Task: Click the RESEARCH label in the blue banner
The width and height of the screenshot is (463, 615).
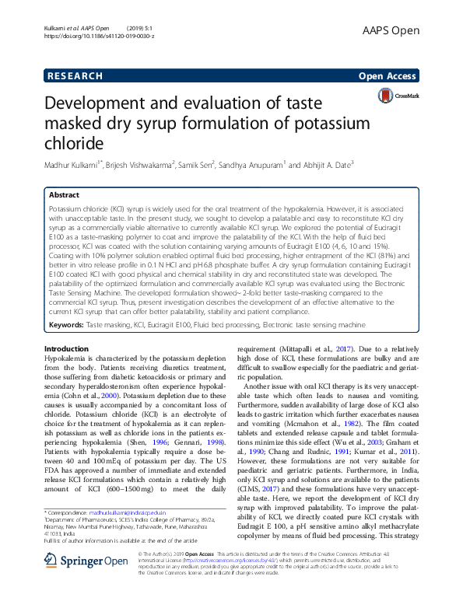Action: (x=75, y=75)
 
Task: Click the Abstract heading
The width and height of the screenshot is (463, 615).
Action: (x=64, y=195)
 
